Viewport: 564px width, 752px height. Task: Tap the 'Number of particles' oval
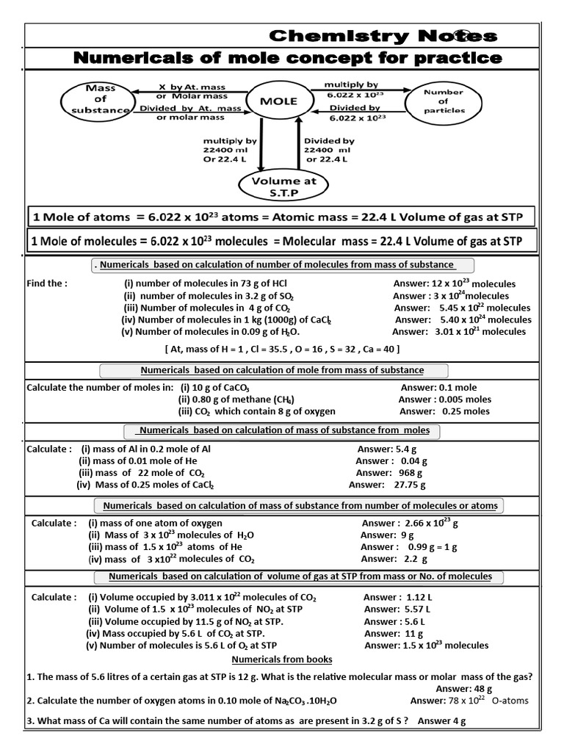(444, 101)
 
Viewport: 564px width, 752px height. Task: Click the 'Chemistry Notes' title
(383, 36)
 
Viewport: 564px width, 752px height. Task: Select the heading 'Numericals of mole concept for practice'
(286, 58)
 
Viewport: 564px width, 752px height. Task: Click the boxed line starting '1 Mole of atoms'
(281, 217)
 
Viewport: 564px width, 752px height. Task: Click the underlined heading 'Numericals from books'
(282, 659)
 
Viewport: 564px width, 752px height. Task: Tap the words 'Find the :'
(47, 283)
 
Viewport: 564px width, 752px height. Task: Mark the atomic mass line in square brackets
(282, 349)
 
